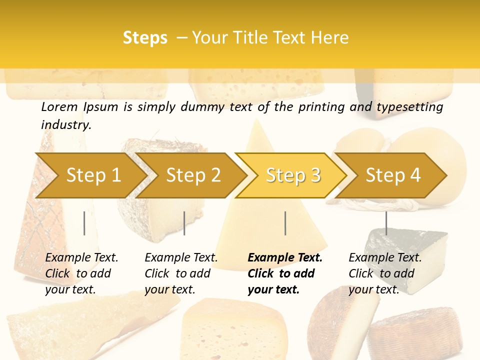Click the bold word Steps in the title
tap(145, 38)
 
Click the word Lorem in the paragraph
tap(59, 107)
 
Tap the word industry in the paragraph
tap(65, 125)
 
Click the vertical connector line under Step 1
tap(84, 223)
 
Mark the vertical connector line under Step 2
tap(184, 223)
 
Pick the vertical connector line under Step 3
tap(285, 223)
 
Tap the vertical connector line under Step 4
tap(386, 223)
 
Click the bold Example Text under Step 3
tap(285, 258)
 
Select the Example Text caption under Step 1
tap(81, 258)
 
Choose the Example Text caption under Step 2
tap(181, 258)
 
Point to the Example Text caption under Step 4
tap(385, 258)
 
